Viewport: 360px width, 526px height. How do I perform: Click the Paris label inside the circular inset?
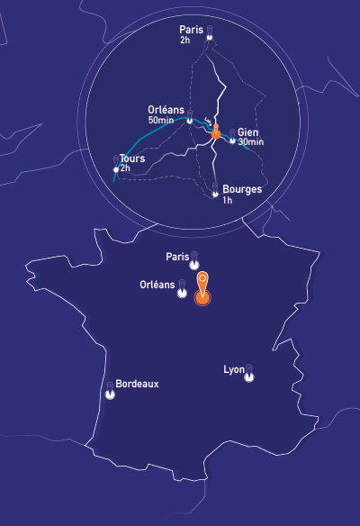point(191,30)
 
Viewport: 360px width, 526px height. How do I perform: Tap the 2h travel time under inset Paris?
point(184,41)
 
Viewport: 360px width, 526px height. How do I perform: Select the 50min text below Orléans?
point(161,120)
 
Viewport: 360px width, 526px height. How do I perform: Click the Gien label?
point(248,131)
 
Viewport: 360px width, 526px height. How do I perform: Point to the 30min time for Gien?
point(251,142)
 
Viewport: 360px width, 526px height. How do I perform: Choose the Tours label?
point(132,159)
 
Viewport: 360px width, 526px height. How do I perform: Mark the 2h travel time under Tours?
point(126,168)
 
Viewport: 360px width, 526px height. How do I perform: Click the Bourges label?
point(241,189)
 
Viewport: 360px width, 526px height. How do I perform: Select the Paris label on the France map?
point(177,257)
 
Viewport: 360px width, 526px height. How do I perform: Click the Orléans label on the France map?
point(157,285)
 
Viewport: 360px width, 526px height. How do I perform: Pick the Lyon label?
point(233,369)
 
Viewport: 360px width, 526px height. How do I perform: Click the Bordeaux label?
point(137,384)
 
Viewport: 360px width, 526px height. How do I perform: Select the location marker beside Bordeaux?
point(110,390)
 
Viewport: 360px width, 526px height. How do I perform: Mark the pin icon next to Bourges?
point(214,190)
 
